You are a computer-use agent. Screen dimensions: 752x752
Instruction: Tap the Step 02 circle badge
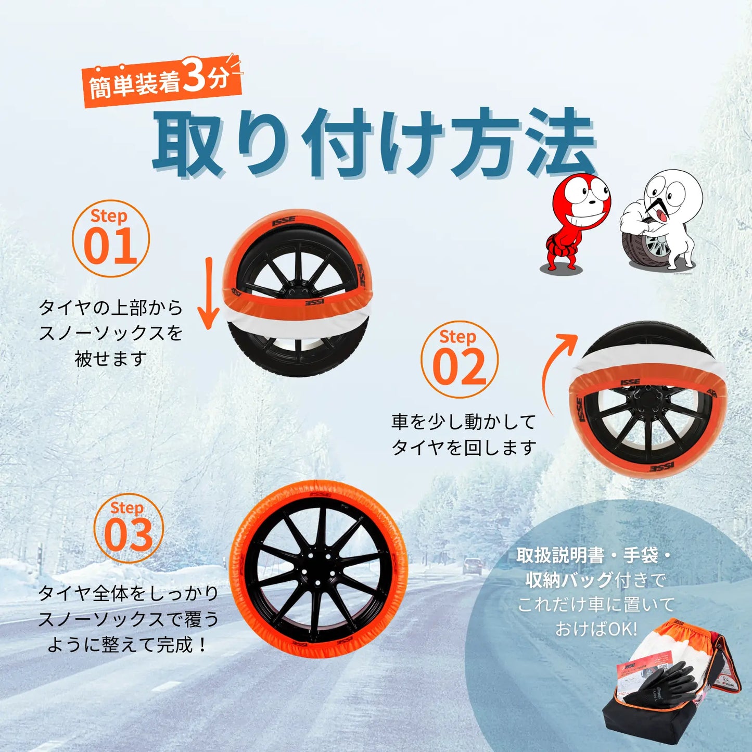[459, 360]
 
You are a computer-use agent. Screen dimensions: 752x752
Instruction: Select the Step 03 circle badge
[129, 528]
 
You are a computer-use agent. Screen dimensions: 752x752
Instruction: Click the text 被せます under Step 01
[110, 359]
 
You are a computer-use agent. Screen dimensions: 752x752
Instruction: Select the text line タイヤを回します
[464, 447]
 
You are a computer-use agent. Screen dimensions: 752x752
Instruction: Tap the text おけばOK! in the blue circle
[596, 629]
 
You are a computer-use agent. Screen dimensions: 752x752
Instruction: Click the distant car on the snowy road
[472, 566]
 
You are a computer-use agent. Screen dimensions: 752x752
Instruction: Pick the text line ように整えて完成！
[128, 645]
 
